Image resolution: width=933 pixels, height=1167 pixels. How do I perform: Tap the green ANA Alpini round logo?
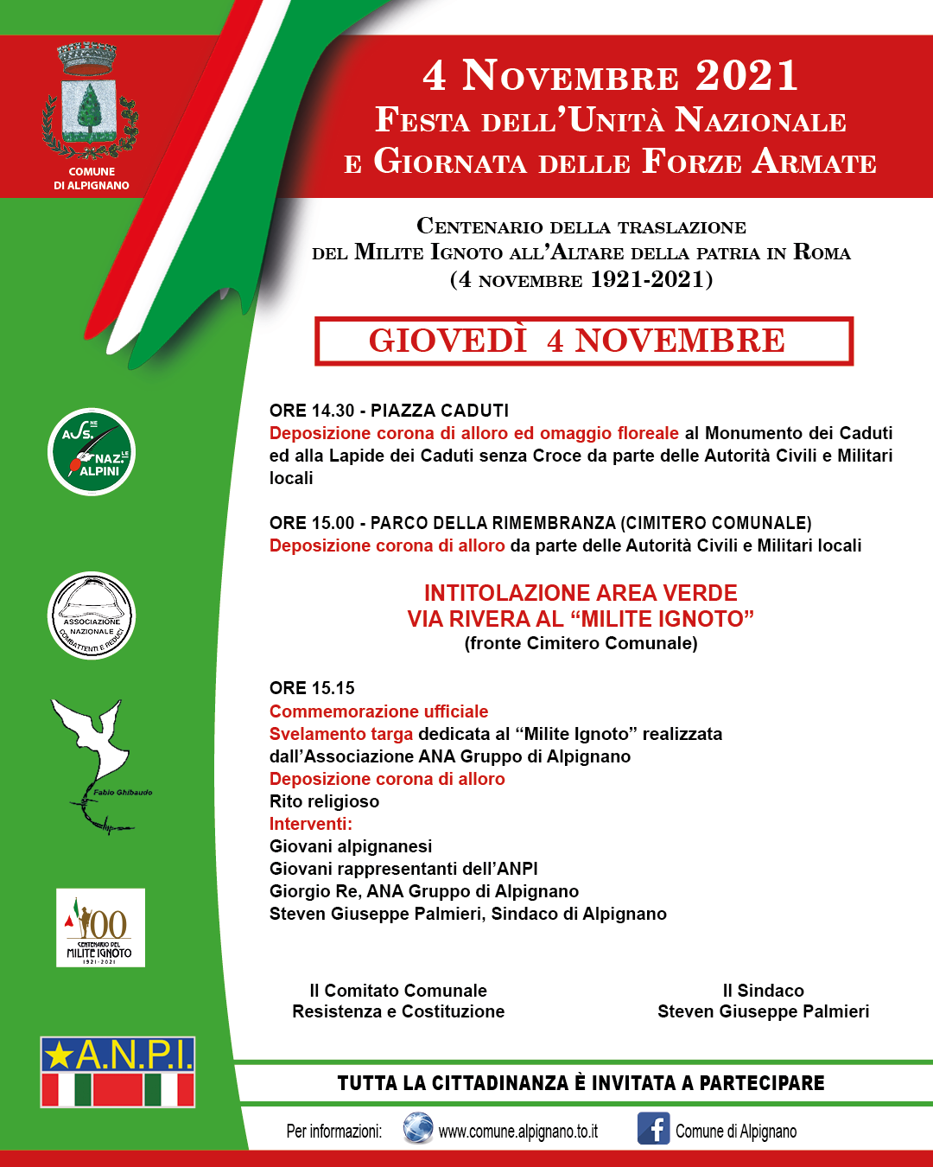[92, 452]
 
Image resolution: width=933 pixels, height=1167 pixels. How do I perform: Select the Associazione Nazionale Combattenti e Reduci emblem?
[92, 615]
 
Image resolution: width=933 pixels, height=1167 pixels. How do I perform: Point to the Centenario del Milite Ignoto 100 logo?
[100, 928]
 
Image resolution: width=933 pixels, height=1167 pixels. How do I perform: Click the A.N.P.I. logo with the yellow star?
[117, 1072]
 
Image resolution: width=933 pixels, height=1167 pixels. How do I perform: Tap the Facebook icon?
[653, 1129]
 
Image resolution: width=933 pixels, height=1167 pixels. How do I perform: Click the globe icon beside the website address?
[418, 1129]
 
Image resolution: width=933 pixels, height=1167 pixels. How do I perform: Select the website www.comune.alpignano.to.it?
[517, 1132]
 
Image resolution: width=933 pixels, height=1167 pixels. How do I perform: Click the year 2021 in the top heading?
[746, 76]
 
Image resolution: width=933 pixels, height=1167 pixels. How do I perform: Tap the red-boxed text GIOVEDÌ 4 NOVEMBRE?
[576, 341]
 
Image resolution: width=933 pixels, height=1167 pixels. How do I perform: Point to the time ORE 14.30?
[312, 411]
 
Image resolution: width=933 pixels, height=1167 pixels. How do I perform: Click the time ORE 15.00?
[312, 523]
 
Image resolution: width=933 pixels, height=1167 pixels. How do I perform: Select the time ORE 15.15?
[312, 688]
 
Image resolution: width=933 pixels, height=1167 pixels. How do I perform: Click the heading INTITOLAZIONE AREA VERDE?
[581, 593]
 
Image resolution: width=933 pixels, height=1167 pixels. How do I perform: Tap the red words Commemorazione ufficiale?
[378, 711]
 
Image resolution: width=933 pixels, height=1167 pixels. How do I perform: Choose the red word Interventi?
[311, 824]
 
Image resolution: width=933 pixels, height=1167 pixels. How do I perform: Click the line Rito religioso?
[324, 801]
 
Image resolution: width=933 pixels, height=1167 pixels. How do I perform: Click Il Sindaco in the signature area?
[763, 991]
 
